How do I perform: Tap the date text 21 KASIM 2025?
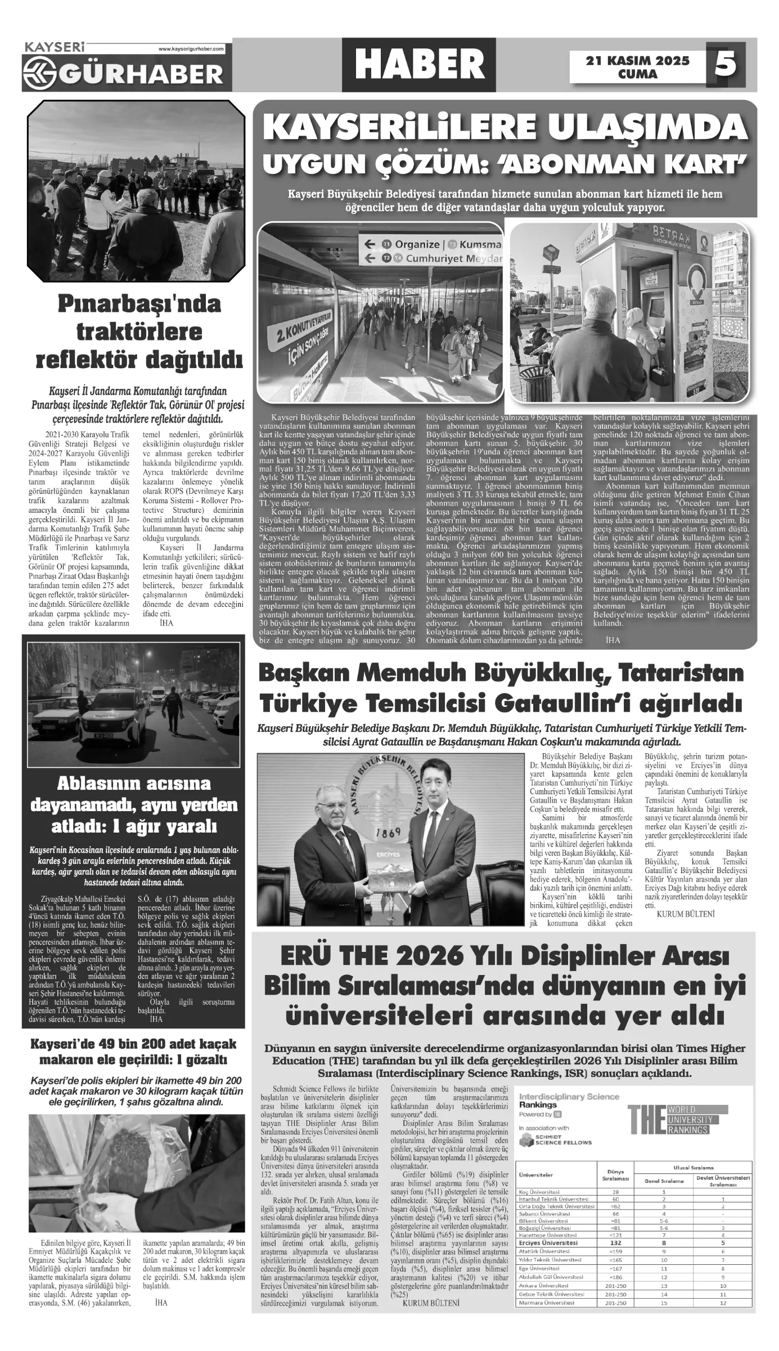637,60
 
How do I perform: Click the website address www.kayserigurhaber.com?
191,49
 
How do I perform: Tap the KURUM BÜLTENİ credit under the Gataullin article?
685,914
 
